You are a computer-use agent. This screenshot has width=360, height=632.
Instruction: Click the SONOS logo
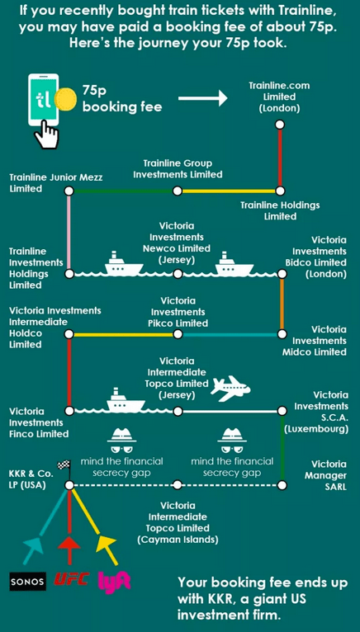[28, 581]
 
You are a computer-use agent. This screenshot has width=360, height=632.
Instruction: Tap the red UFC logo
[71, 580]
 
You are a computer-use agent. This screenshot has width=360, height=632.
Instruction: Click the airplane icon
[230, 389]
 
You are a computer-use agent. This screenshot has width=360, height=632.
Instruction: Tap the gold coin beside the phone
[65, 99]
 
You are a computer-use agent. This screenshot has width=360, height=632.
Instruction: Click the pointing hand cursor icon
[47, 134]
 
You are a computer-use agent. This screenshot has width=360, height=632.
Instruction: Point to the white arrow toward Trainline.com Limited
[203, 97]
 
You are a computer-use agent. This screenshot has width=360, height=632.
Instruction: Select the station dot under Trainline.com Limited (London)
[280, 124]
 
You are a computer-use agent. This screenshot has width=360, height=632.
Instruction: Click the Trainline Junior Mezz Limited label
[55, 183]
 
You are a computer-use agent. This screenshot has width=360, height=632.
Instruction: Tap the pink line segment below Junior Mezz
[69, 232]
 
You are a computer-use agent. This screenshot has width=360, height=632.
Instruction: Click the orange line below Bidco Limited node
[282, 304]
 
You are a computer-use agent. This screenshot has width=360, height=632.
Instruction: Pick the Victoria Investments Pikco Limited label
[178, 312]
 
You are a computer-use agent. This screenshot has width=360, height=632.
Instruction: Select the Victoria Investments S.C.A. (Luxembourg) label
[316, 412]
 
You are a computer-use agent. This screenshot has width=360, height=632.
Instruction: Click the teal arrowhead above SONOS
[33, 544]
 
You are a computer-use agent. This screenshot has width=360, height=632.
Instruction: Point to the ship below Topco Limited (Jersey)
[126, 401]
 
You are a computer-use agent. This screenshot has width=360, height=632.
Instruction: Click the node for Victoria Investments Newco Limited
[178, 274]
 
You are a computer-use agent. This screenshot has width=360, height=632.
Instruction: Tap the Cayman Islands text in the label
[178, 540]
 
